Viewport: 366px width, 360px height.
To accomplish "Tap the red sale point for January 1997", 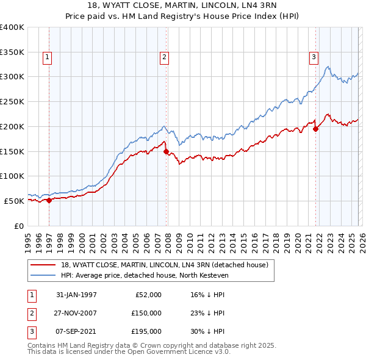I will pos(49,200).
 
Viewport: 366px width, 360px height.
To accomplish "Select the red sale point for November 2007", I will pos(166,151).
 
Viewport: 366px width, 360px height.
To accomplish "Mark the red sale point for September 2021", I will pos(316,129).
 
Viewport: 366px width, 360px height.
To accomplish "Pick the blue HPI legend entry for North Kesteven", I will pos(144,275).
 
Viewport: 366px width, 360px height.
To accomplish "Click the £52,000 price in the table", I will pos(147,295).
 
